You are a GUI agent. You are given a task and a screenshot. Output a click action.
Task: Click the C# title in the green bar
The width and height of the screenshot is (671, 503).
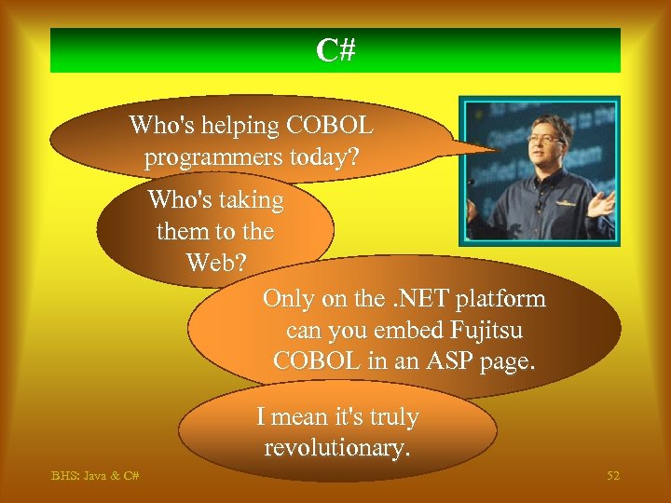tap(335, 50)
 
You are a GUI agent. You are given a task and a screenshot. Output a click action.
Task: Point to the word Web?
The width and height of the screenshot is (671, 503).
tap(216, 263)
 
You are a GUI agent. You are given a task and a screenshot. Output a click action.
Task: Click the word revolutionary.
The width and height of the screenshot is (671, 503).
tap(337, 448)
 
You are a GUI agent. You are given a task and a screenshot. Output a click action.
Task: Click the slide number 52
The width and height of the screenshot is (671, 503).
tap(612, 476)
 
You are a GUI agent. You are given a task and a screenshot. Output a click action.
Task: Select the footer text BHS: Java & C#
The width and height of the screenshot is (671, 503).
tap(95, 476)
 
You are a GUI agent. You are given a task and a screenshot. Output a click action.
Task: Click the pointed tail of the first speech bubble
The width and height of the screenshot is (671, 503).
tap(489, 146)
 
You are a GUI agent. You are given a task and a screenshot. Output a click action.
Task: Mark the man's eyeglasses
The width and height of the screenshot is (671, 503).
tap(545, 138)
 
